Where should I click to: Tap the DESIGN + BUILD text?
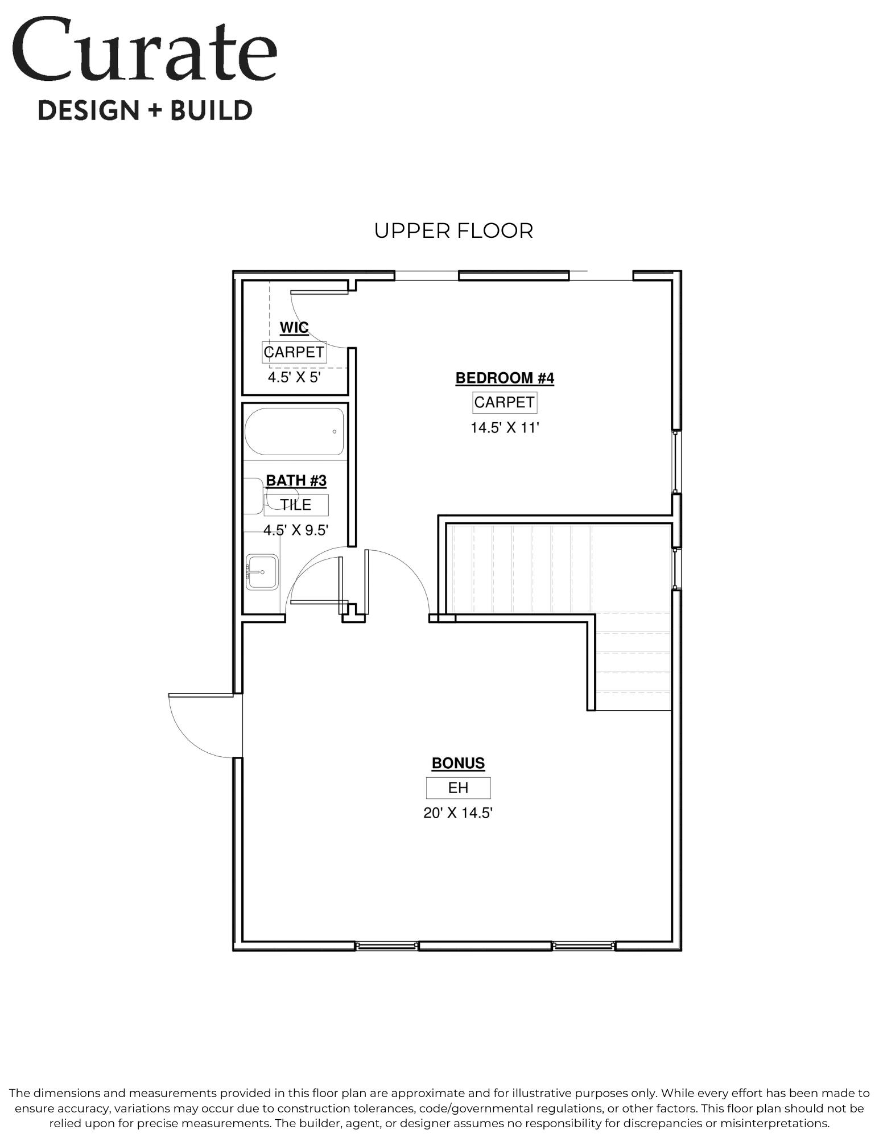click(x=145, y=110)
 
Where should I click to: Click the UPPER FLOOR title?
click(x=453, y=231)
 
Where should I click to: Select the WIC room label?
click(x=294, y=328)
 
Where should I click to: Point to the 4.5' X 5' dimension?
click(x=295, y=377)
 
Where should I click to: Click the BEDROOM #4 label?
click(x=505, y=378)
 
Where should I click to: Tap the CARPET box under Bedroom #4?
click(x=505, y=402)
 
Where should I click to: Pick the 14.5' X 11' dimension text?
click(x=505, y=427)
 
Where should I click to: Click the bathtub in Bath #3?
click(x=294, y=431)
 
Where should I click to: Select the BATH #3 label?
click(x=296, y=481)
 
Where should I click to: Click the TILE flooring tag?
click(x=296, y=505)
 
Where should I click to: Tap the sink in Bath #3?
click(x=262, y=572)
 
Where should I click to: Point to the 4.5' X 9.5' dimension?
click(x=296, y=530)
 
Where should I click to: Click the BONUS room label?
click(x=458, y=763)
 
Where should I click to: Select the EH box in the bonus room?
click(x=458, y=787)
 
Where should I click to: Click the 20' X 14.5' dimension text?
click(x=458, y=813)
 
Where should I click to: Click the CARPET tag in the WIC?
click(x=294, y=352)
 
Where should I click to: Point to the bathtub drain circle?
click(x=334, y=431)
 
